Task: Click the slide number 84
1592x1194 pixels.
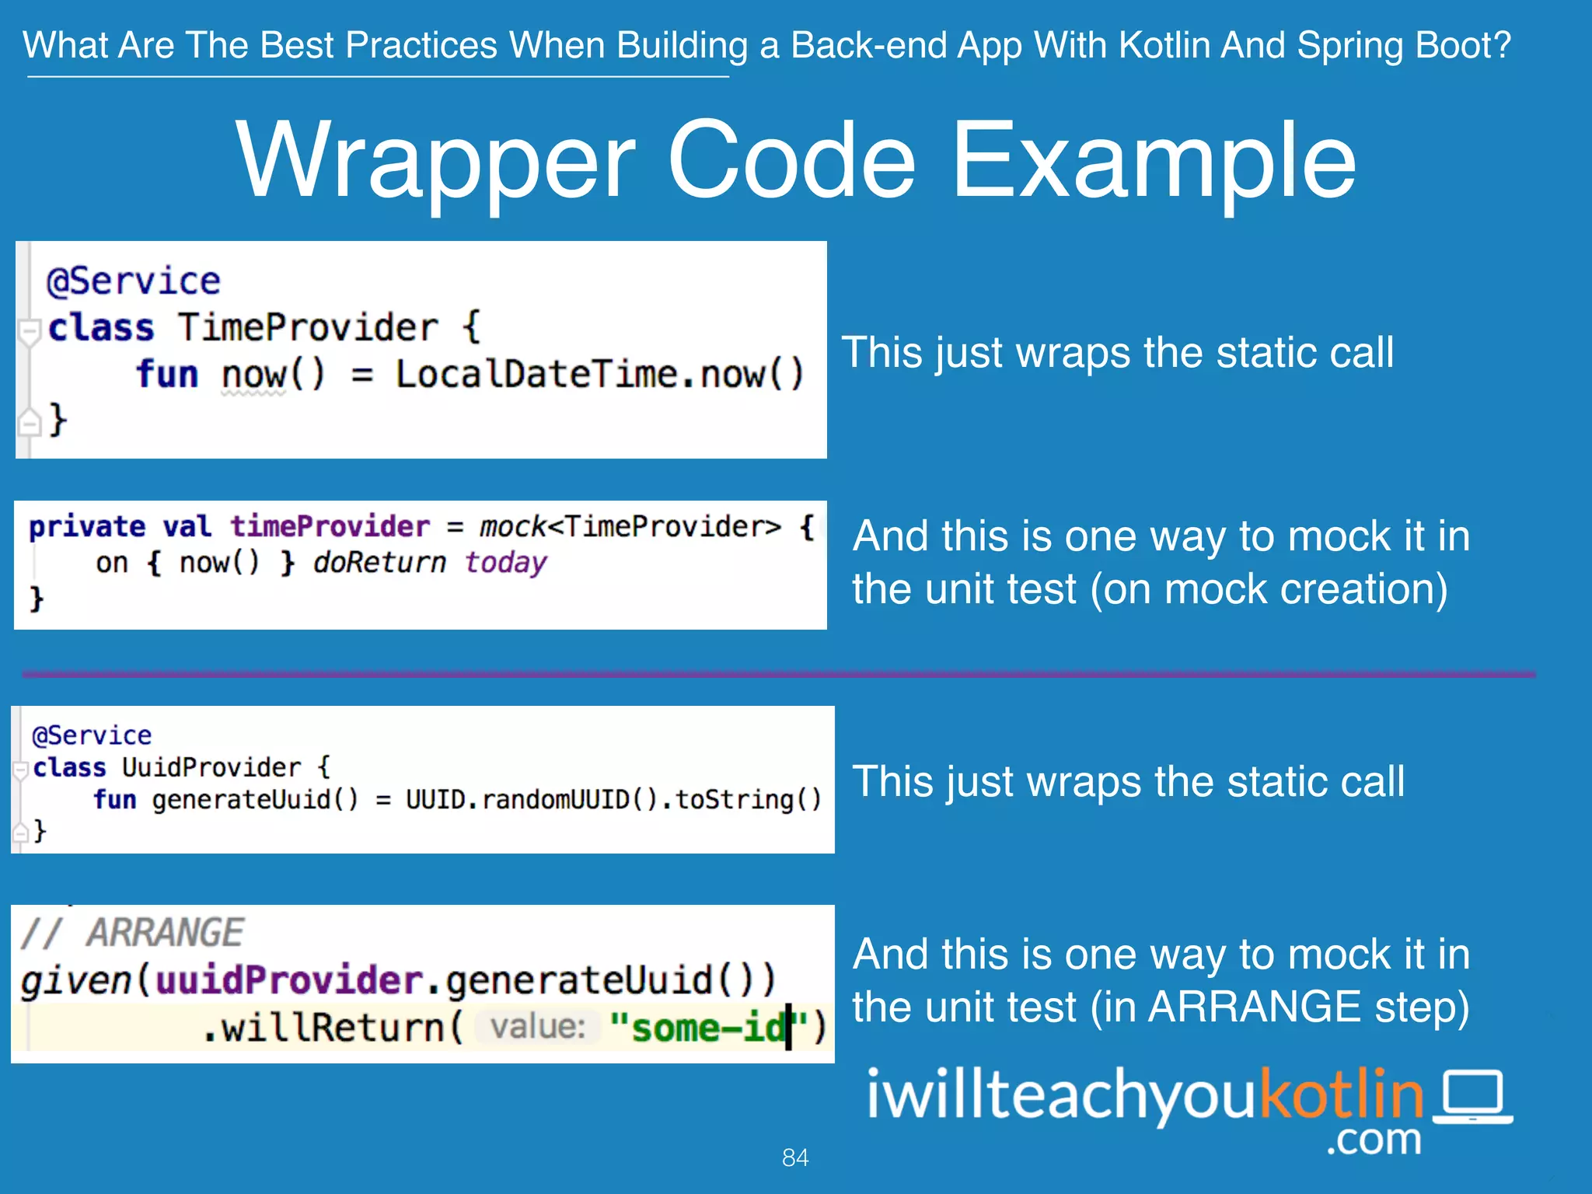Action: tap(795, 1157)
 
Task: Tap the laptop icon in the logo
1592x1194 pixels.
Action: tap(1472, 1097)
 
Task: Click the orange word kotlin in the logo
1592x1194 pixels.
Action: tap(1341, 1094)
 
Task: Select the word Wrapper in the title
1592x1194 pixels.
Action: tap(435, 162)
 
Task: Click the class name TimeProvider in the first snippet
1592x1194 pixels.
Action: tap(308, 327)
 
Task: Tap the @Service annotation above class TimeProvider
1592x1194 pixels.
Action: tap(134, 281)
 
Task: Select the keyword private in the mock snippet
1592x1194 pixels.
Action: tap(87, 527)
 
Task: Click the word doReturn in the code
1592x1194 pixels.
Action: tap(379, 562)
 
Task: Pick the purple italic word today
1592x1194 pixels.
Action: tap(506, 562)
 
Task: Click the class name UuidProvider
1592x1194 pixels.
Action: tap(211, 767)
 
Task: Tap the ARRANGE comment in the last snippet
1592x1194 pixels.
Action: tap(165, 932)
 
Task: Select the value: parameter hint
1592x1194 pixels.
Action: tap(537, 1027)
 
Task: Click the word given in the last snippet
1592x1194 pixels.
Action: tap(76, 980)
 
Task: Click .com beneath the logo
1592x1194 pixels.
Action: tap(1374, 1140)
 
